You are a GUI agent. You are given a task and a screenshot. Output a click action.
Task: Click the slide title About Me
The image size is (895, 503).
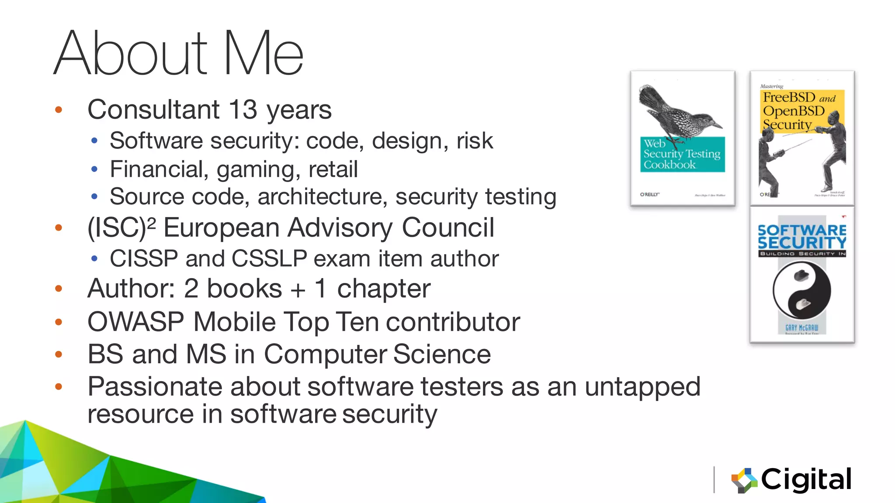coord(178,53)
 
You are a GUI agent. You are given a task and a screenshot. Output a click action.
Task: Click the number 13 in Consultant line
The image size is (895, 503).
coord(243,109)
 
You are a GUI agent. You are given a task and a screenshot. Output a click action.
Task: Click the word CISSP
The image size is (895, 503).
coord(144,258)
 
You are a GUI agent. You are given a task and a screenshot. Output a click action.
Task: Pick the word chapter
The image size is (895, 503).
coord(384,289)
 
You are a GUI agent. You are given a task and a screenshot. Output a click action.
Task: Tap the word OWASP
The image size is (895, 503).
coord(135,322)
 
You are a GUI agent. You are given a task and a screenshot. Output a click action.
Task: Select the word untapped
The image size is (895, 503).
coord(642,387)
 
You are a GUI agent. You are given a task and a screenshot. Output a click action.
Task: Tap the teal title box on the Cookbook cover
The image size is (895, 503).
coord(682,155)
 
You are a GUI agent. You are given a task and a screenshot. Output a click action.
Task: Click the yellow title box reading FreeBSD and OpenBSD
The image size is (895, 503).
coord(802,109)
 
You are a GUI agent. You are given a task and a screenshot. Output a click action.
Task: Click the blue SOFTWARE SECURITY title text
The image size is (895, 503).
coord(802,236)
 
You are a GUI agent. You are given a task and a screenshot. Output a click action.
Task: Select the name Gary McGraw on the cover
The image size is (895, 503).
coord(801,327)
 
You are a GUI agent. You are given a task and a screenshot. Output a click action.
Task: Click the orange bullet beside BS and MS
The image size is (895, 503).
coord(59,355)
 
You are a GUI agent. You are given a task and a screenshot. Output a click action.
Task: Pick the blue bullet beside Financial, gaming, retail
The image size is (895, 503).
coord(94,169)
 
